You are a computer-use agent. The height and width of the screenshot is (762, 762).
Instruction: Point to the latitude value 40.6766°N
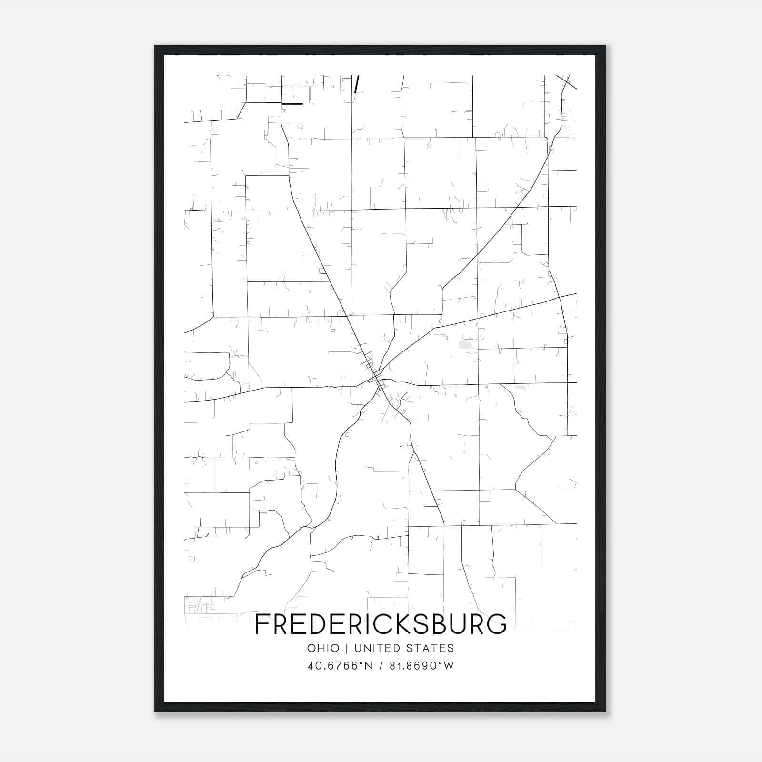pos(339,665)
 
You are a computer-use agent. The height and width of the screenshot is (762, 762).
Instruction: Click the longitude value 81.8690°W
pos(422,665)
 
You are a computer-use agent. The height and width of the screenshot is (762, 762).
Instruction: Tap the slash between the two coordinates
pos(381,665)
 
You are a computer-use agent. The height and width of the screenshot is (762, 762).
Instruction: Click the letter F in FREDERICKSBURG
pos(263,624)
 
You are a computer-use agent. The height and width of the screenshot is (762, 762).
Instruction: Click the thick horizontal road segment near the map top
pos(292,103)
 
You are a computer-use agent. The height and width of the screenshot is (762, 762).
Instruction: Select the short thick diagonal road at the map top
pos(357,83)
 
